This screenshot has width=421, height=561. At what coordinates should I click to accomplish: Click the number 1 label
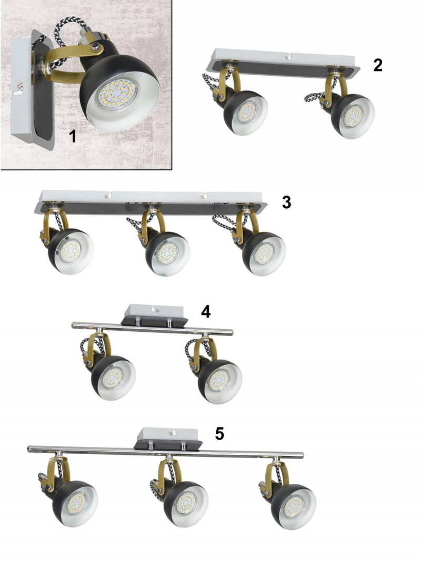[x=73, y=136]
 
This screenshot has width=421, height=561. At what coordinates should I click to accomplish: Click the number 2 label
[x=378, y=65]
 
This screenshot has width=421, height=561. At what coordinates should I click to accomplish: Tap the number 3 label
[x=286, y=202]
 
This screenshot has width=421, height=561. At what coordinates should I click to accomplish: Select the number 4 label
[x=206, y=312]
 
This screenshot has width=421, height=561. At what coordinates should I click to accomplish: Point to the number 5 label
[x=219, y=434]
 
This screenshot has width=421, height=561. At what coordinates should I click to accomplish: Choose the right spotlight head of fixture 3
[x=264, y=254]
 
